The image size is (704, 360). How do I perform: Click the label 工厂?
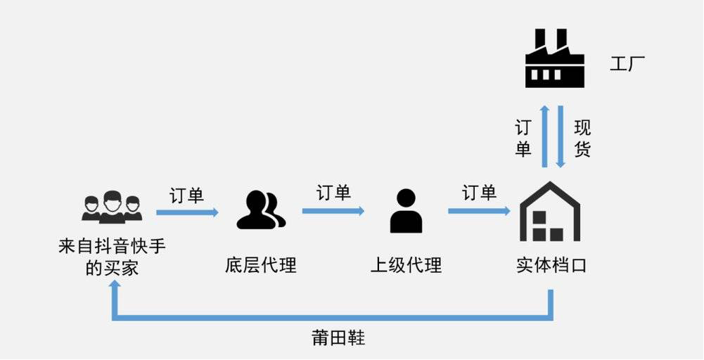click(627, 65)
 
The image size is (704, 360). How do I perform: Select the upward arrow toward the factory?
click(544, 136)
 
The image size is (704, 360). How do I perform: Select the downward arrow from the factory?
click(561, 136)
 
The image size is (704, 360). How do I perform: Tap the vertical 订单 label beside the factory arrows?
click(523, 138)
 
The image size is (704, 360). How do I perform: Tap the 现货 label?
click(582, 138)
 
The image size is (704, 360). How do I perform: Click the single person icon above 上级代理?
click(406, 211)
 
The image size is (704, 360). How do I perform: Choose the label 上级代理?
click(406, 265)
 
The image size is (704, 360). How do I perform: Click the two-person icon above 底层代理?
click(261, 211)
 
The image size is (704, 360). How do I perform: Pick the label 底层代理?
click(261, 265)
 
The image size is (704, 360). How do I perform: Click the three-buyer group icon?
click(112, 207)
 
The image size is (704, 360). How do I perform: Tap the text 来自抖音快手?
click(113, 247)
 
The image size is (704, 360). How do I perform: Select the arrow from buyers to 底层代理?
click(187, 212)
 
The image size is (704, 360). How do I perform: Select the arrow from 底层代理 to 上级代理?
click(333, 210)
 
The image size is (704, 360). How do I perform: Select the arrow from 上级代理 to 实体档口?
click(479, 210)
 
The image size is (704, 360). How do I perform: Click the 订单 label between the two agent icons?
click(333, 192)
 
